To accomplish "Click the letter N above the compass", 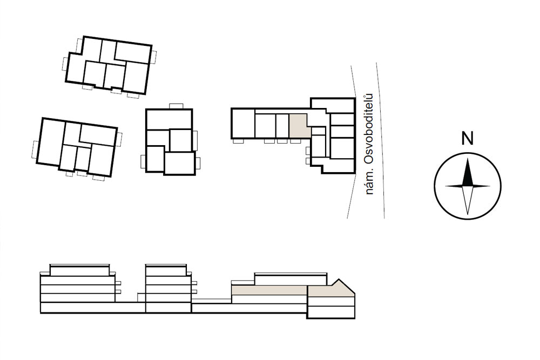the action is pyautogui.click(x=467, y=139).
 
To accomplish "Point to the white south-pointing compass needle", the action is pyautogui.click(x=467, y=200).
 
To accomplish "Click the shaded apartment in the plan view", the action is pyautogui.click(x=299, y=126).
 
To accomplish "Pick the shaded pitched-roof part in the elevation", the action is pyautogui.click(x=330, y=289).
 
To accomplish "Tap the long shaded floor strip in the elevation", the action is pyautogui.click(x=269, y=290).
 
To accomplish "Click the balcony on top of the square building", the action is pyautogui.click(x=176, y=106).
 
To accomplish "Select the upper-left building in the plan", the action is pyautogui.click(x=109, y=65).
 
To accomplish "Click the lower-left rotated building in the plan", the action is pyautogui.click(x=77, y=147).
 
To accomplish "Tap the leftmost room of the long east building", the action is pyautogui.click(x=243, y=123).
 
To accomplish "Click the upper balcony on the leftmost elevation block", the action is pyautogui.click(x=118, y=283).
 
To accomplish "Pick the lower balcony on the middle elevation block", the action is pyautogui.click(x=194, y=292).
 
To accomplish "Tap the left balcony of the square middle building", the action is pyautogui.click(x=143, y=161).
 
